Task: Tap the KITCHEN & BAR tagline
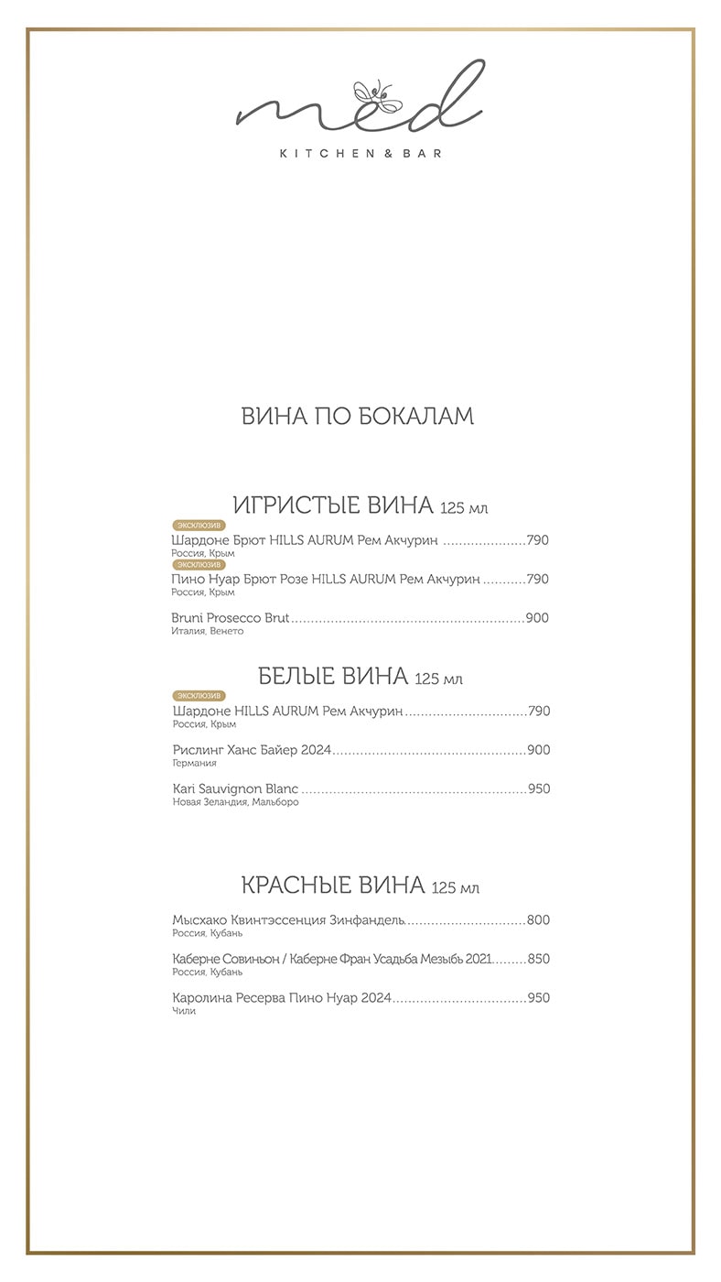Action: (360, 154)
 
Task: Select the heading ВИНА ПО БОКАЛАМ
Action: (358, 416)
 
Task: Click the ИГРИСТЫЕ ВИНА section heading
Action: (333, 505)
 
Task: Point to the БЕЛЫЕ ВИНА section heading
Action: (333, 677)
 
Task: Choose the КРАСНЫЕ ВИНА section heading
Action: (333, 885)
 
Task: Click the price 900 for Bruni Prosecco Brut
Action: (537, 618)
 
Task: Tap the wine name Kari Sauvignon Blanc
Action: (236, 788)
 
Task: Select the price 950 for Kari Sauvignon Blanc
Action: (538, 788)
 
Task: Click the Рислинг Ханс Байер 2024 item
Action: (251, 750)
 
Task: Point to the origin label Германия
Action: (194, 763)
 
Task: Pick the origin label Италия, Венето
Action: (203, 631)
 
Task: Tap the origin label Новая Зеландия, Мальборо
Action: (235, 802)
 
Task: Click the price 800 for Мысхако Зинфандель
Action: (538, 920)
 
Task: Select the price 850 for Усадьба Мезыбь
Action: (538, 959)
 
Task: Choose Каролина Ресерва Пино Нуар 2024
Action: (282, 997)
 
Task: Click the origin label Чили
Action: (183, 1011)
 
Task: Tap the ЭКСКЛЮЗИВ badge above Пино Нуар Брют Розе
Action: (199, 565)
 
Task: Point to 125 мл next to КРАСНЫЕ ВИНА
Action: (456, 888)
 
